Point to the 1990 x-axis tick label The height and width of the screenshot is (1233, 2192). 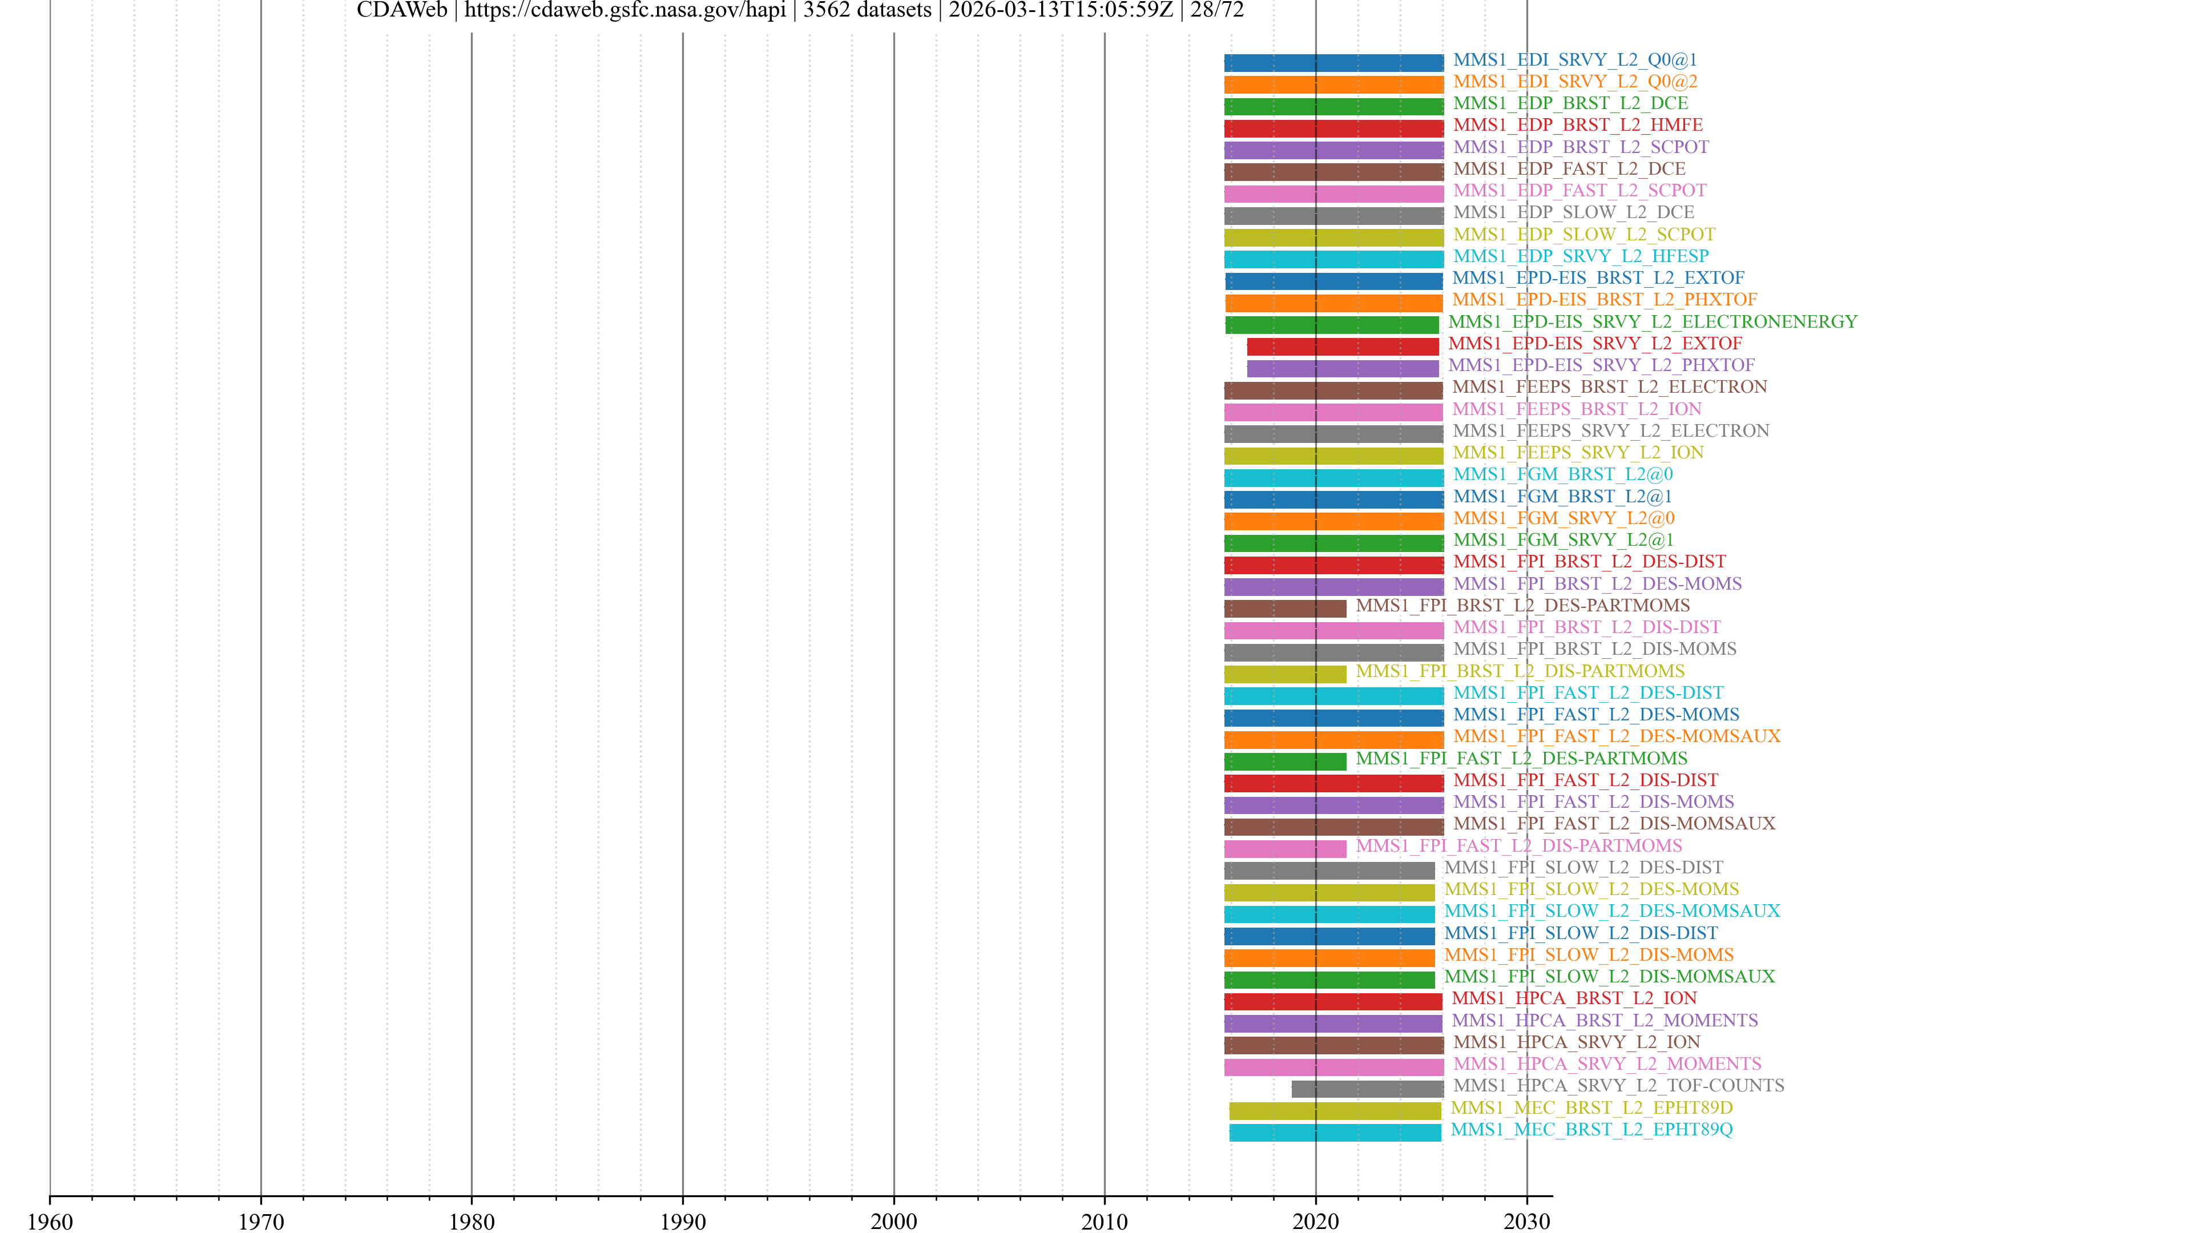click(x=683, y=1221)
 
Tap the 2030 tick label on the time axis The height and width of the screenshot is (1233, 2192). click(x=1526, y=1221)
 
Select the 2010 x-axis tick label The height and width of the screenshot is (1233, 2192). click(x=1105, y=1221)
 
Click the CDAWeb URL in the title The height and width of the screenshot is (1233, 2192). click(x=624, y=10)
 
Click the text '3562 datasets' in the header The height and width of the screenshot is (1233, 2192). click(x=867, y=10)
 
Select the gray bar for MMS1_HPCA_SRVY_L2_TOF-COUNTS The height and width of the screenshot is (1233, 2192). click(x=1368, y=1089)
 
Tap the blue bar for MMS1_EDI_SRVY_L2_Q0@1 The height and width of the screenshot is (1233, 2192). click(x=1333, y=62)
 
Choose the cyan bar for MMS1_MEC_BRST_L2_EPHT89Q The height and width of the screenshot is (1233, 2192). click(x=1335, y=1132)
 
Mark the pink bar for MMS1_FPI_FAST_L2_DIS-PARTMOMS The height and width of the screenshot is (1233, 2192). click(x=1285, y=848)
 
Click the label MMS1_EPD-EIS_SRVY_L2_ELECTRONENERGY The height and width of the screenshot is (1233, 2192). click(x=1653, y=321)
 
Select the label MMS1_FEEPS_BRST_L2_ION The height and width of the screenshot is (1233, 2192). click(x=1577, y=409)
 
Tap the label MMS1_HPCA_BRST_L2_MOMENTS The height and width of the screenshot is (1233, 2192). click(x=1604, y=1020)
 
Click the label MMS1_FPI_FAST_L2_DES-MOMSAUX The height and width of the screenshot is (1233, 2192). click(x=1616, y=736)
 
